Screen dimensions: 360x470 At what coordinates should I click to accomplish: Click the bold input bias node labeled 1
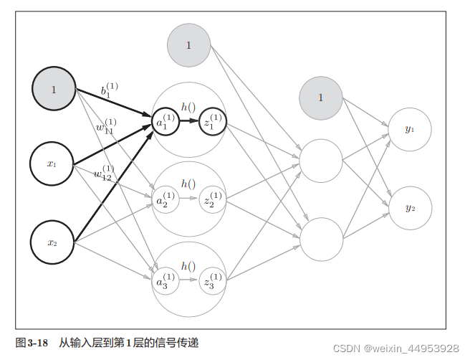[x=54, y=90]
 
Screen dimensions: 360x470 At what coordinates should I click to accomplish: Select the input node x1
[x=52, y=164]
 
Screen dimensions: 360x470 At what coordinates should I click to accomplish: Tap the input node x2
[x=52, y=242]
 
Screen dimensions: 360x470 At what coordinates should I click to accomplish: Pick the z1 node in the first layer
[x=213, y=121]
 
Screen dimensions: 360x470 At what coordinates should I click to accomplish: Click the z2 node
[x=213, y=200]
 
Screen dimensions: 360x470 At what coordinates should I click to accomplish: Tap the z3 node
[x=213, y=280]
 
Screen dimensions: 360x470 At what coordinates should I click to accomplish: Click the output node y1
[x=409, y=129]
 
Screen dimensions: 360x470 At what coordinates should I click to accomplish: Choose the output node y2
[x=409, y=208]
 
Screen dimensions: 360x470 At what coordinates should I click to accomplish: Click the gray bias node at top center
[x=189, y=45]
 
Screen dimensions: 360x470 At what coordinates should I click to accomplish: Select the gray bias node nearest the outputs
[x=321, y=98]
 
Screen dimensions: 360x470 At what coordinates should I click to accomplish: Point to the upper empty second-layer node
[x=321, y=161]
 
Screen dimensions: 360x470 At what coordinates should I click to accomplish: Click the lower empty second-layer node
[x=321, y=239]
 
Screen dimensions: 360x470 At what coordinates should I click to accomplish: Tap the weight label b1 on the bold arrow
[x=109, y=90]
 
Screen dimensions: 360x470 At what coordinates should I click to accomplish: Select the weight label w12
[x=104, y=172]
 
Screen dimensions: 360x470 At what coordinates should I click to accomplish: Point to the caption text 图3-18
[x=32, y=343]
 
